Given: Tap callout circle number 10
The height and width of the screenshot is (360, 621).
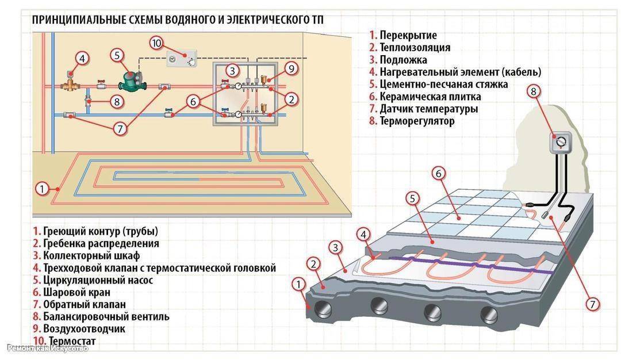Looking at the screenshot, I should pos(156,44).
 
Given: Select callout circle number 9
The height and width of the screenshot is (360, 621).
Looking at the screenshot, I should pos(291,69).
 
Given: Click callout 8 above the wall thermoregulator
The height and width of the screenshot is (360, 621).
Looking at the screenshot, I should pos(533,92).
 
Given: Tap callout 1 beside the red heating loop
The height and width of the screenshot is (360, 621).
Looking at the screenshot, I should pos(41,188).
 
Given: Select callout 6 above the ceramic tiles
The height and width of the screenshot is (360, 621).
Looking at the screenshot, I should pos(439,174).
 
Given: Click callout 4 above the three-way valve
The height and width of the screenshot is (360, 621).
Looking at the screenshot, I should pos(82,59).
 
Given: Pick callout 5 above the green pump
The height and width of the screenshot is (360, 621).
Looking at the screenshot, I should pos(117,55).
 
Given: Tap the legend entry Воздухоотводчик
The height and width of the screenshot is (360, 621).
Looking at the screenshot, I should pos(84,329).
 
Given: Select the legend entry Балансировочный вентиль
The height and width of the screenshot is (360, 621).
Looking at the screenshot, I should pos(106,317).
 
